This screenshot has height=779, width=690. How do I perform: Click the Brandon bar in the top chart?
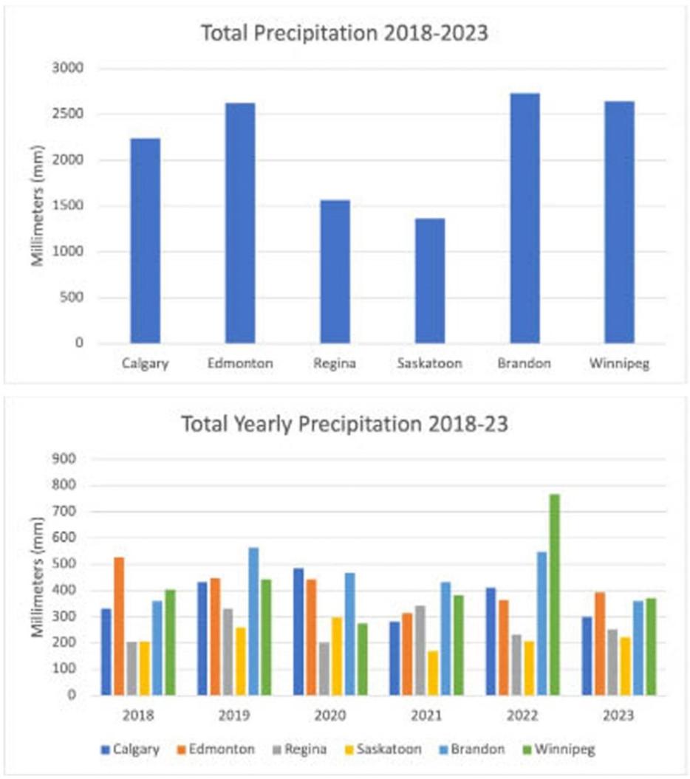click(525, 219)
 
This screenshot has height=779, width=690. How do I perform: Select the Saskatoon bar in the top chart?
click(429, 281)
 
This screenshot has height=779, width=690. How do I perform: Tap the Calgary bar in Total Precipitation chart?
click(145, 241)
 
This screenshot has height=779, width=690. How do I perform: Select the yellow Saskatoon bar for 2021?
click(432, 673)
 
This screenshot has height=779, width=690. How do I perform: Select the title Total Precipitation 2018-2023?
click(345, 34)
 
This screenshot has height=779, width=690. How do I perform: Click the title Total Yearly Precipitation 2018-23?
click(345, 425)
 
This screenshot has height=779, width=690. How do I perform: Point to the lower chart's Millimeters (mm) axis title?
click(36, 577)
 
